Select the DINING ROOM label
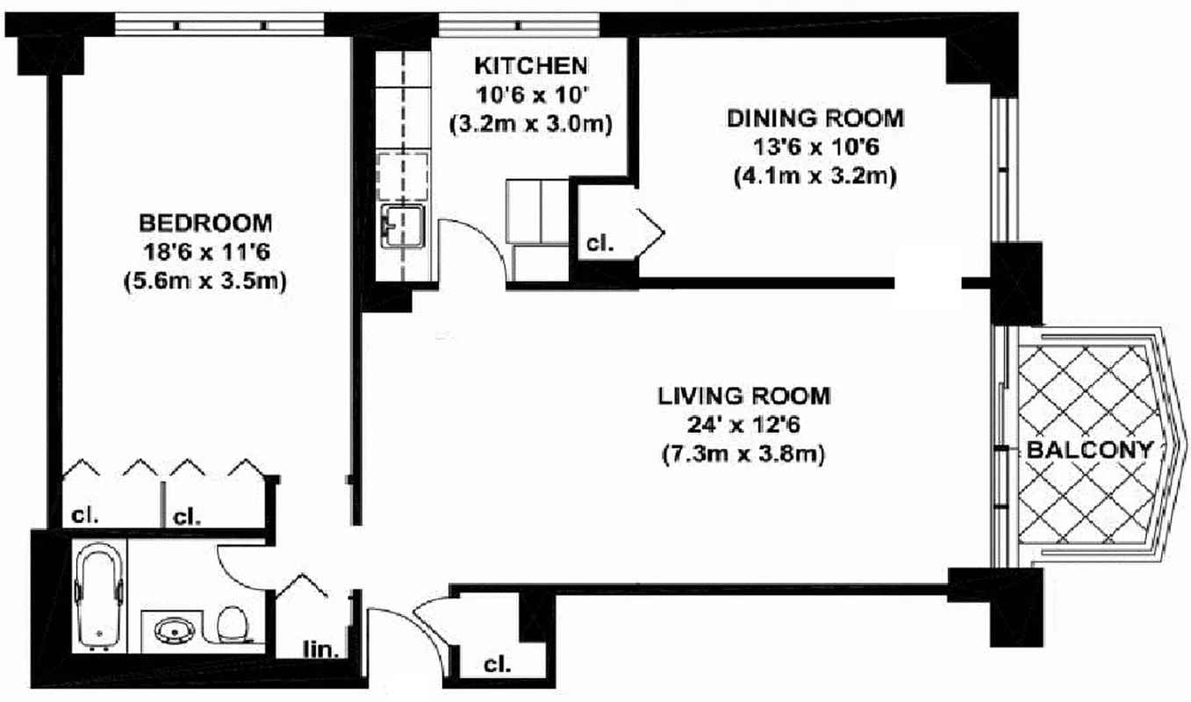(x=814, y=118)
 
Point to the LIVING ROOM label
(x=743, y=396)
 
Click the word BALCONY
(x=1088, y=451)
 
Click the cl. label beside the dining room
(x=599, y=243)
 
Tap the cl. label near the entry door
(x=497, y=663)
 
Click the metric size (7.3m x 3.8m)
(x=743, y=455)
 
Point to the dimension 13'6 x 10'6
(x=814, y=147)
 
